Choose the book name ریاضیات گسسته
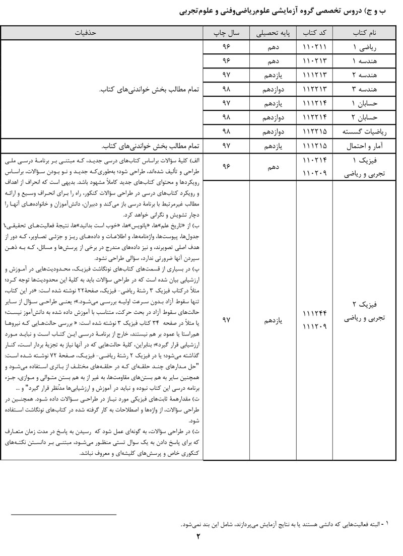(366, 132)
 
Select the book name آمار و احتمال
(366, 146)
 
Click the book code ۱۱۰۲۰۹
(315, 173)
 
